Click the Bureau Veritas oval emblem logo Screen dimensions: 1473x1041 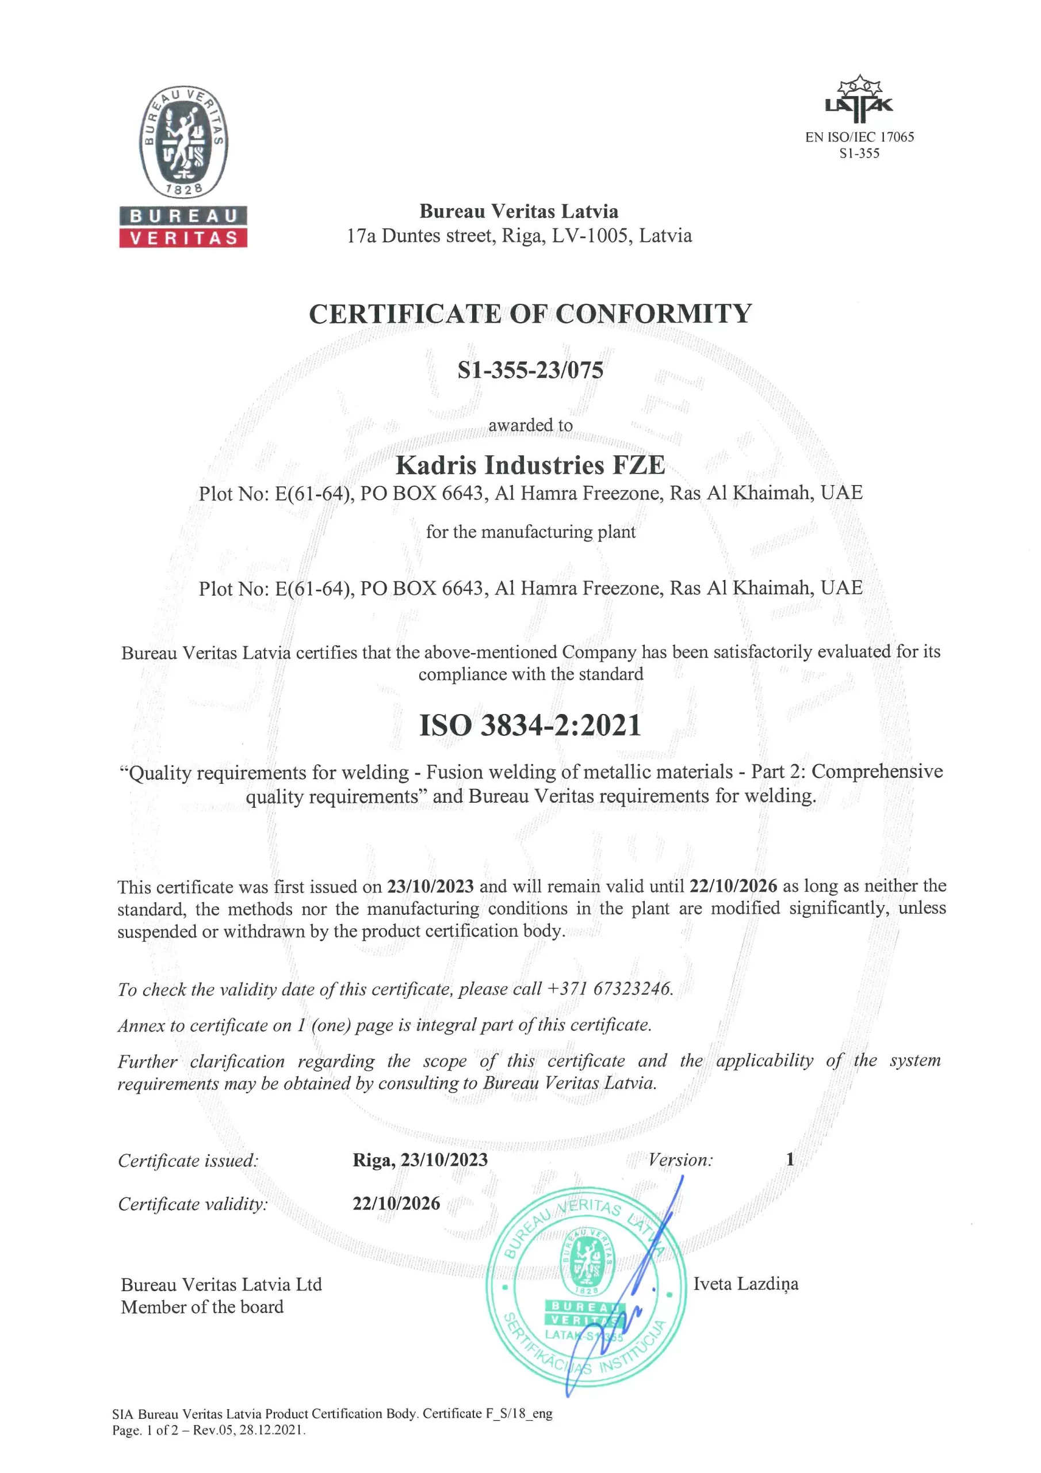click(183, 142)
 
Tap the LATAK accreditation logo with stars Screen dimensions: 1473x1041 click(859, 100)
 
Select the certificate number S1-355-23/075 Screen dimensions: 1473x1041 click(530, 370)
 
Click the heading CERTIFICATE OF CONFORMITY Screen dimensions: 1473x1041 click(530, 314)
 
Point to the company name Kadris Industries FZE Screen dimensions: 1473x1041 click(530, 465)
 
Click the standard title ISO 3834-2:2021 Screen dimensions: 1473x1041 click(530, 726)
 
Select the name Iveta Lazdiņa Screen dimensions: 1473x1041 click(745, 1284)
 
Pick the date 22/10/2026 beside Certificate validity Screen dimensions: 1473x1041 click(396, 1203)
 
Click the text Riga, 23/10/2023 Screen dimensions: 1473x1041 click(420, 1159)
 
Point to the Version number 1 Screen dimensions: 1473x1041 click(790, 1159)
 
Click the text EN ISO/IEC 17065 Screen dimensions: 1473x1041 click(859, 136)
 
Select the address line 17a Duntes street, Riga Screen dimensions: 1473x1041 click(519, 236)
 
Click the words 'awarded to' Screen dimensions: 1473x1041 click(530, 425)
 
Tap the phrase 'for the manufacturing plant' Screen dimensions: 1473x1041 click(530, 532)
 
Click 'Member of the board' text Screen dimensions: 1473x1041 click(202, 1307)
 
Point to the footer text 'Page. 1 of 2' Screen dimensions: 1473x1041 click(143, 1430)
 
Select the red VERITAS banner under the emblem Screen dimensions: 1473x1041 click(183, 238)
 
